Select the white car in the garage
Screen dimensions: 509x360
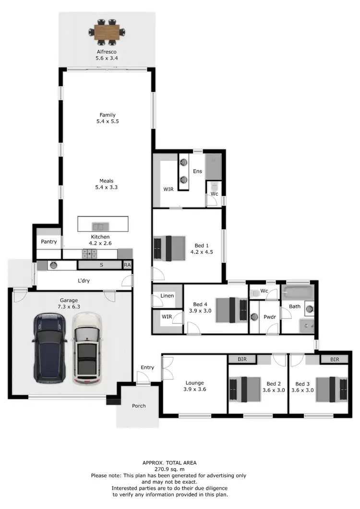[87, 348]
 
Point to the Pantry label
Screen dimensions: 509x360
[49, 242]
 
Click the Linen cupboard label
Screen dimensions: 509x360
[167, 296]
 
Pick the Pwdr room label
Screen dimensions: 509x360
[269, 317]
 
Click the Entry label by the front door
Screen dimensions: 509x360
[147, 367]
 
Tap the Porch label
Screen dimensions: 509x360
[139, 406]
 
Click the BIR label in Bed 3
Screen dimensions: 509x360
[335, 359]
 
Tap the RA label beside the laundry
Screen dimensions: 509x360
[127, 265]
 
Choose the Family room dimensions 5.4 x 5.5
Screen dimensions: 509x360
[108, 122]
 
